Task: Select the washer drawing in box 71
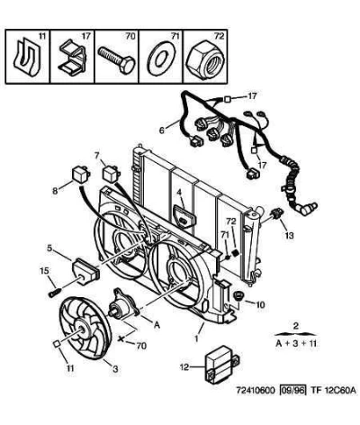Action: coord(161,58)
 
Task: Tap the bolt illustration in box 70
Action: coord(117,59)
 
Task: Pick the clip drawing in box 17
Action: coord(72,59)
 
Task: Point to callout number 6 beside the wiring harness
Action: coord(162,131)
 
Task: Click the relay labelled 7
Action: coord(111,174)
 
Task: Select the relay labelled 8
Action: coord(80,174)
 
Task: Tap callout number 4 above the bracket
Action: coord(179,192)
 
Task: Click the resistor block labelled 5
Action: coord(85,271)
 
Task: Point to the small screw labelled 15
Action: coord(54,292)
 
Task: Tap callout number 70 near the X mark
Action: coord(141,346)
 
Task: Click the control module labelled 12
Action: coord(221,364)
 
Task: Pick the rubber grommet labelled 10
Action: coord(238,294)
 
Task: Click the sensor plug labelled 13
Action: coord(276,213)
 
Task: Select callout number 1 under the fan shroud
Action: coord(196,339)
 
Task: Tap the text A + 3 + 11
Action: coord(296,344)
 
